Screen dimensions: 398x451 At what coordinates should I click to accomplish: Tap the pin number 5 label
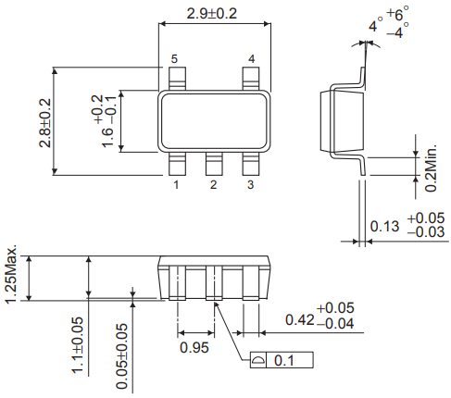[x=173, y=59]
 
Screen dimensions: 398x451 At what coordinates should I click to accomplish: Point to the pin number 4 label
[x=250, y=59]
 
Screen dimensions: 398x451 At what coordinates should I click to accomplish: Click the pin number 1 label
[x=175, y=185]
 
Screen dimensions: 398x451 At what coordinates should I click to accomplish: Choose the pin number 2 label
[x=213, y=185]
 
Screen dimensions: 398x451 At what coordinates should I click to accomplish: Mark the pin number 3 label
[x=250, y=185]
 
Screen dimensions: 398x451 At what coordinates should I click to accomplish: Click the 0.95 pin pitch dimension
[x=194, y=347]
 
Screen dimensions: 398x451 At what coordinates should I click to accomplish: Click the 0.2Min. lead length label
[x=431, y=168]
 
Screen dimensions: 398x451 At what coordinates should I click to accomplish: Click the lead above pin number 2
[x=213, y=164]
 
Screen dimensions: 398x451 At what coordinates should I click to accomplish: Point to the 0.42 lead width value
[x=296, y=320]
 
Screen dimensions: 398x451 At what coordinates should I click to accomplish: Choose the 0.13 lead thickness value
[x=384, y=226]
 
